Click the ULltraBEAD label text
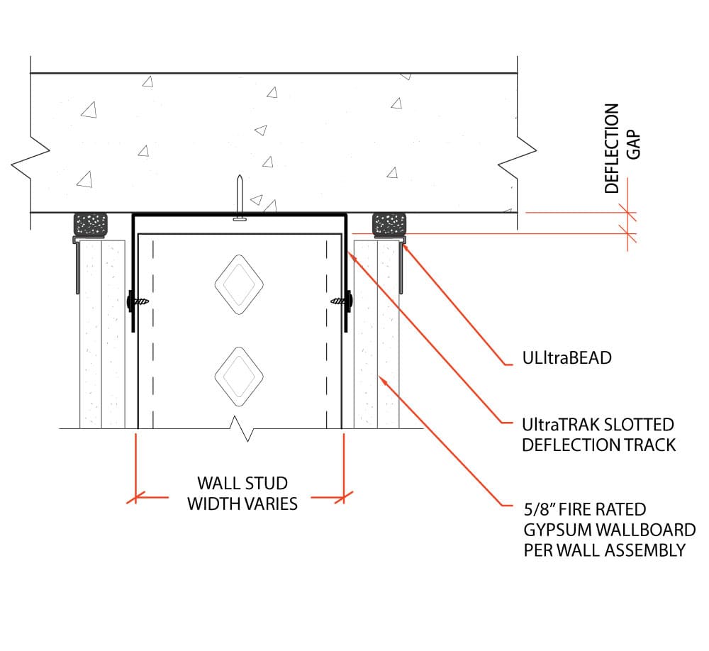566,358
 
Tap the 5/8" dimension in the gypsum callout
539,509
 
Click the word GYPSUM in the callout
557,530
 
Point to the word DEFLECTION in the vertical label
612,148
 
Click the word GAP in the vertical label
633,145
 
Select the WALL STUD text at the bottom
242,483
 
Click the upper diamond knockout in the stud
239,284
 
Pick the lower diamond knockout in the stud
239,377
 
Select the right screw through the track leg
342,301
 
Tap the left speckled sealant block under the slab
91,225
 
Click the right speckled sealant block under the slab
389,225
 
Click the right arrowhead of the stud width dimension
344,497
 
